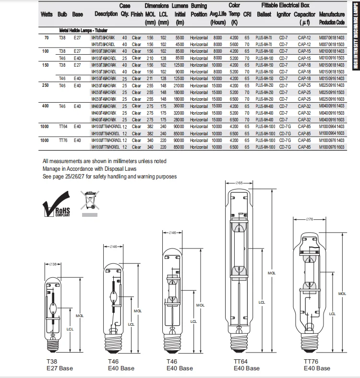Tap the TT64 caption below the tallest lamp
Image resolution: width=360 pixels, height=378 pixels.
coord(241,361)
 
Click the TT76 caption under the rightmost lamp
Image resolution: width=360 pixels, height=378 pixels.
coord(312,361)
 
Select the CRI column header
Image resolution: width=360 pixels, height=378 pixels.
coord(247,14)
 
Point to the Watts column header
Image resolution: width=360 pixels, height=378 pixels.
coord(47,14)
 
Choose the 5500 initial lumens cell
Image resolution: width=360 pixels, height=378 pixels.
coord(180,37)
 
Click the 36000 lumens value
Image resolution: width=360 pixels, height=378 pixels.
coord(179,106)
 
